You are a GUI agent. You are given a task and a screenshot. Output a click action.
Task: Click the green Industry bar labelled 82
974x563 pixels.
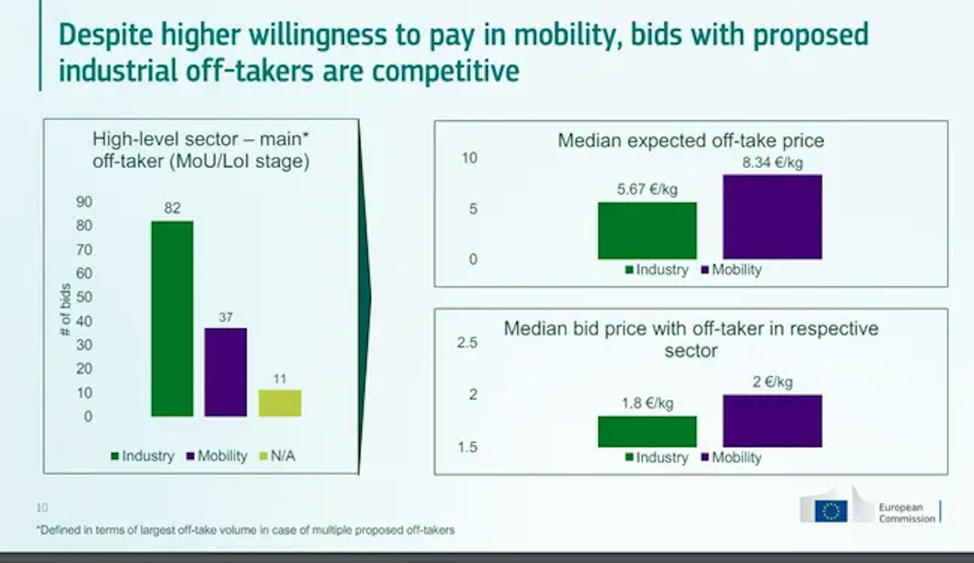172,319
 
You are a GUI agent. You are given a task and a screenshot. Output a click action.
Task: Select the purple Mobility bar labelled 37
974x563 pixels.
225,372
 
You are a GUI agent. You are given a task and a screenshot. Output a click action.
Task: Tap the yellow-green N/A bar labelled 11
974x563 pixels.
280,403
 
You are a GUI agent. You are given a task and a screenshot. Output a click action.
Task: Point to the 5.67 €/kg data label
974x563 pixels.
647,189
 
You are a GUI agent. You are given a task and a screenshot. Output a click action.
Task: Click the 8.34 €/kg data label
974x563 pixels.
772,163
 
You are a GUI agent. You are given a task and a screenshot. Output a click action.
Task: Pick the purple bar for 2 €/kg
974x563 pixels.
772,421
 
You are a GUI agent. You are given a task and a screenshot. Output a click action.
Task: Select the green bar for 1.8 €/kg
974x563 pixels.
647,432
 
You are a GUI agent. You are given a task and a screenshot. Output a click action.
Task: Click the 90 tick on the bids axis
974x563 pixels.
84,202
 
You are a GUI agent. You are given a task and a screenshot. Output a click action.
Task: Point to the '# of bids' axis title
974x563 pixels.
65,309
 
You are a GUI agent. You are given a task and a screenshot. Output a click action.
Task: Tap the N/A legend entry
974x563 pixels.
278,456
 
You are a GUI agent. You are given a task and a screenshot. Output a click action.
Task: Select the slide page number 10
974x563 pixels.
42,508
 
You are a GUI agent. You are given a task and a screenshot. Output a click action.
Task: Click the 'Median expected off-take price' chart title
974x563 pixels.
691,141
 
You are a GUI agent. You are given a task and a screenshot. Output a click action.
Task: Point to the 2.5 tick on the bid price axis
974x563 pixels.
467,343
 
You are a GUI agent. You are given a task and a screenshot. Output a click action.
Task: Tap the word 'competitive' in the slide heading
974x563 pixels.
446,71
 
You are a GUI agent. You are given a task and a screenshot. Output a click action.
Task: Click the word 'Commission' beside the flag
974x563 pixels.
907,519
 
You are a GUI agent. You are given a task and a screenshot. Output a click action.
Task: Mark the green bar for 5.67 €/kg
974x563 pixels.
647,231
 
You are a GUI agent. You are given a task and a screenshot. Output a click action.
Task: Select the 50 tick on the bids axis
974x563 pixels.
84,297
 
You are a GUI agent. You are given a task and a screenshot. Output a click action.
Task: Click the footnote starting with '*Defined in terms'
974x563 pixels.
246,530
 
